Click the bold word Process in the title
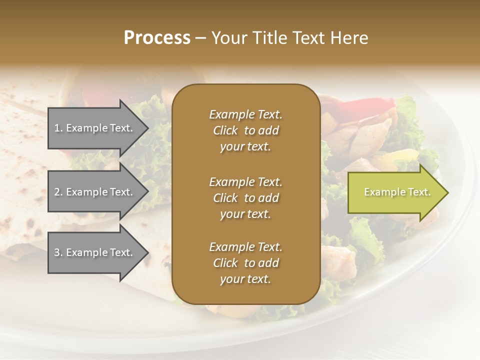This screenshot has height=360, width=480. point(157,38)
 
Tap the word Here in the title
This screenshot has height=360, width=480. point(348,38)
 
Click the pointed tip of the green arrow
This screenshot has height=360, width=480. point(446,192)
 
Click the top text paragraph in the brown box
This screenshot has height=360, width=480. point(245,130)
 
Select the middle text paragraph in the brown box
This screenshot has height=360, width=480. point(245,198)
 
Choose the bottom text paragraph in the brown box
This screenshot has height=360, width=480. point(245,263)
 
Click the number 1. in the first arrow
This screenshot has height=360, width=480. point(58,128)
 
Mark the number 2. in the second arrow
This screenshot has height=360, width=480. point(58,192)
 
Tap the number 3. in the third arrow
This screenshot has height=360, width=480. point(58,252)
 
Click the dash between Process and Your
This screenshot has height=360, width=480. point(200,38)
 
